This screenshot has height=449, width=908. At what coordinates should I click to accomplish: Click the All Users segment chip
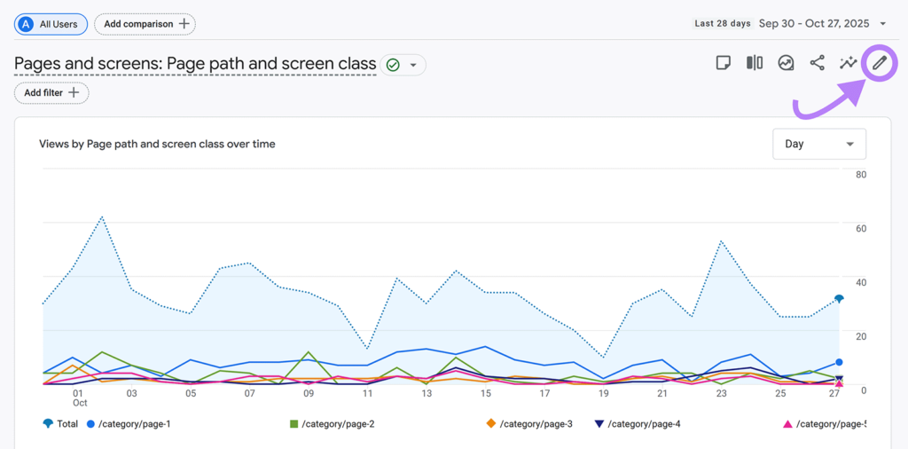point(51,24)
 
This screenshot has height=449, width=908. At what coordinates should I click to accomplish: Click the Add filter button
point(51,92)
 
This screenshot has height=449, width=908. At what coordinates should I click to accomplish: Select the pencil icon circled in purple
point(879,63)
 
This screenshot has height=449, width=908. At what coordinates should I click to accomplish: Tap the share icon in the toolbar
point(817,63)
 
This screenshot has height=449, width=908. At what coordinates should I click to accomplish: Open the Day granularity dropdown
point(818,144)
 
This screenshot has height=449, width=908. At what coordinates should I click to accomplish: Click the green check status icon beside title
point(393,65)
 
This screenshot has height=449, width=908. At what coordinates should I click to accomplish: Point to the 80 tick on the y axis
point(860,175)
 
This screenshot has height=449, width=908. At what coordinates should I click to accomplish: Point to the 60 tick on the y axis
point(860,228)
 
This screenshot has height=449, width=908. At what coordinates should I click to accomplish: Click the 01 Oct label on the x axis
point(78,398)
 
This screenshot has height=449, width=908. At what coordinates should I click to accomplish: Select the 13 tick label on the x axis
point(427,393)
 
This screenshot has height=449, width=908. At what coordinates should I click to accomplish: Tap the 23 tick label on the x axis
point(722,393)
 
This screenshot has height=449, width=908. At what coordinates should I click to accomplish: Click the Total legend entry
point(61,424)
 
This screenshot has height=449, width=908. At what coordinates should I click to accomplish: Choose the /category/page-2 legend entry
point(332,424)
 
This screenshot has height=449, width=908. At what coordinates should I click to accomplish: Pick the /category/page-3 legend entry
point(529,424)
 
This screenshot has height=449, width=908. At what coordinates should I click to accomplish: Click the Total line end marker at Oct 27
point(838,299)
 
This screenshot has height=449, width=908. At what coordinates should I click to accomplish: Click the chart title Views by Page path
point(157,144)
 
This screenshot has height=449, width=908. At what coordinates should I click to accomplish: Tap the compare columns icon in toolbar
point(755,63)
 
